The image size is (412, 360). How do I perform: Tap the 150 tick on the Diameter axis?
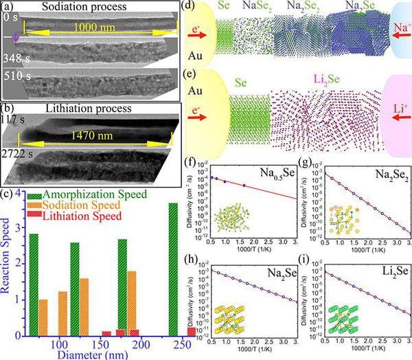[x=107, y=343]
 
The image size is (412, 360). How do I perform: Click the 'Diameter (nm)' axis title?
[x=108, y=355]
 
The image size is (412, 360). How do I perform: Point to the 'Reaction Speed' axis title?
[x=7, y=274]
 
